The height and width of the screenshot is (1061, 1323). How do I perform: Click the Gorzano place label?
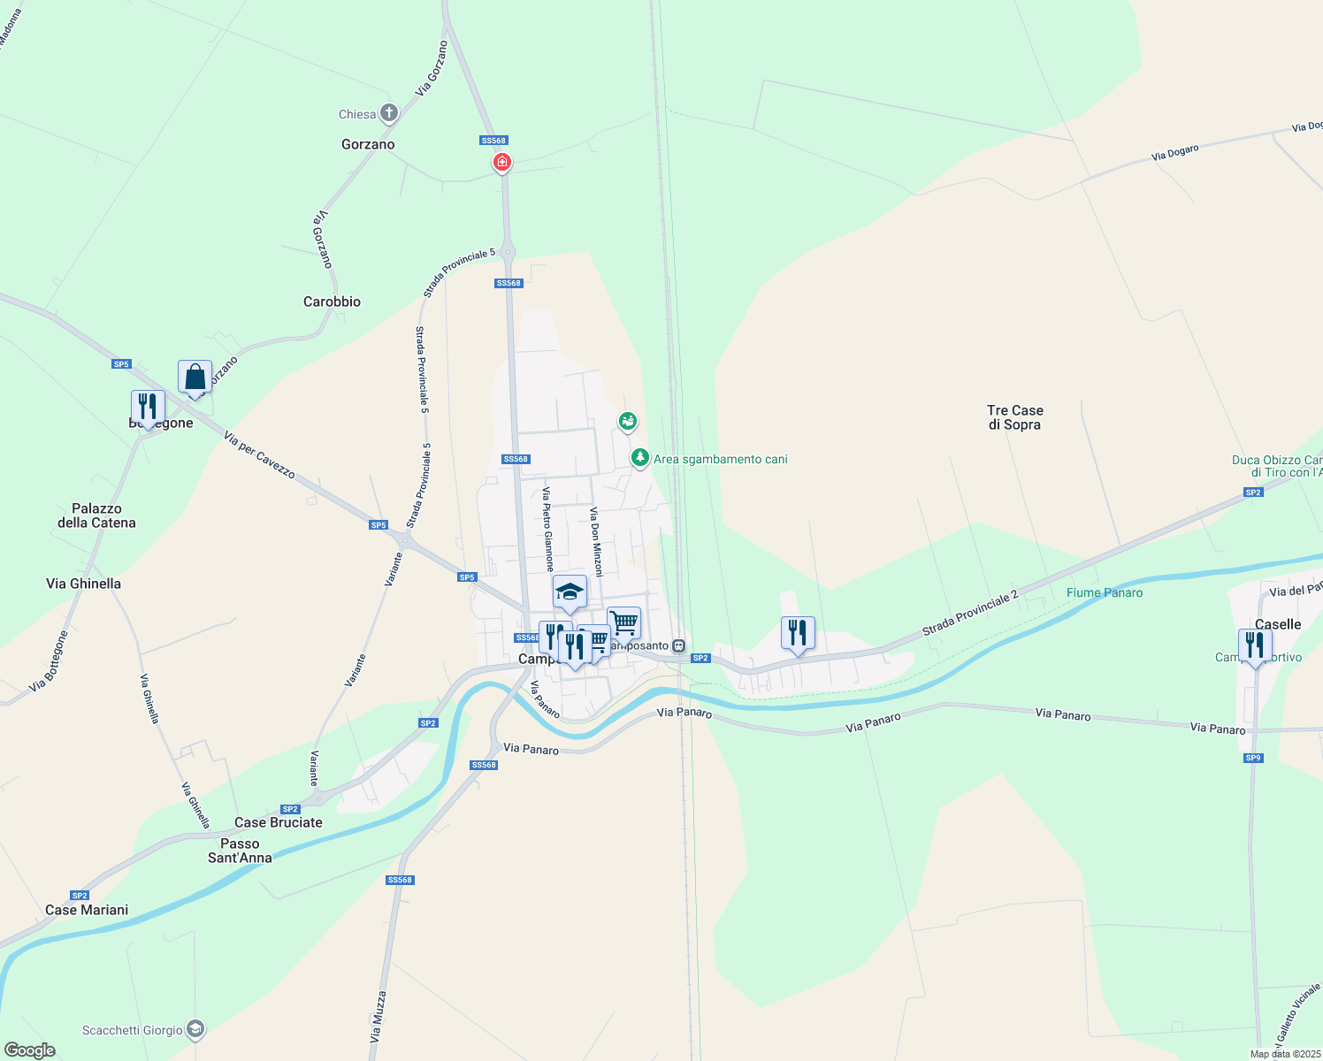click(x=368, y=144)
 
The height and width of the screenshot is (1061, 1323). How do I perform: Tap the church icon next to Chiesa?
click(x=388, y=113)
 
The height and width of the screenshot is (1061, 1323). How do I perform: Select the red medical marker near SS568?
click(x=502, y=163)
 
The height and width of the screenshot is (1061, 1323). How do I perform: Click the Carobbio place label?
click(x=332, y=302)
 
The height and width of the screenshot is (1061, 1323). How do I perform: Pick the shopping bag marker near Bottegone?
click(x=195, y=378)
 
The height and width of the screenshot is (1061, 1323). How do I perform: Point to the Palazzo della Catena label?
click(x=96, y=515)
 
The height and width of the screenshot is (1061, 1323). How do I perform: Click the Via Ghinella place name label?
click(x=83, y=584)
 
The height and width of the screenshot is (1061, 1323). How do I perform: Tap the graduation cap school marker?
click(x=570, y=592)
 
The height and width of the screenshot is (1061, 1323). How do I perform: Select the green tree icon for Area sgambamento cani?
click(x=639, y=458)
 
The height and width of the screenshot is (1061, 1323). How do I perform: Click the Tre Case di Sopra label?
click(x=1015, y=417)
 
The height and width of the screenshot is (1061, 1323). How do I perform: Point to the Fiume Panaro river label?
click(x=1105, y=592)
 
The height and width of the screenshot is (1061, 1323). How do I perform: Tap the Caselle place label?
click(x=1278, y=624)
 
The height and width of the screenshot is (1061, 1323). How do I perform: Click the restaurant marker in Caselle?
click(x=1255, y=646)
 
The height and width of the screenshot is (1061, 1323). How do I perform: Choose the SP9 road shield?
click(x=1253, y=758)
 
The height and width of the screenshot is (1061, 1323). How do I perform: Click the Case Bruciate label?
click(x=279, y=822)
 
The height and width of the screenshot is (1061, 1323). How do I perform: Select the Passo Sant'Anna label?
click(x=240, y=851)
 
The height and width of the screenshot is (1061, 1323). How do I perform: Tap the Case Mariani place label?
click(x=87, y=910)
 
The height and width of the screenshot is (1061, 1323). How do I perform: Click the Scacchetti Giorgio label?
click(x=133, y=1030)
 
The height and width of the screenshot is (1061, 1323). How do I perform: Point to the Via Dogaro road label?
click(x=1174, y=153)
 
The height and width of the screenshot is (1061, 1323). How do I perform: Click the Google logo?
click(x=30, y=1050)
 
